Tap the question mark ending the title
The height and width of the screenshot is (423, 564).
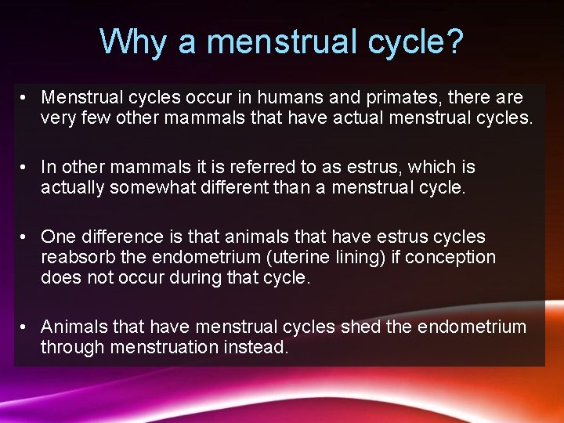454,42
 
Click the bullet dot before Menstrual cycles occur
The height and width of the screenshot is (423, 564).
26,98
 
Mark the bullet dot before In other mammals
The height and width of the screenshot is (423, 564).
26,168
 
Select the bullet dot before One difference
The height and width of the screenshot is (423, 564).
26,237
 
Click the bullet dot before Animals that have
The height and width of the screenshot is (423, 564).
26,327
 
